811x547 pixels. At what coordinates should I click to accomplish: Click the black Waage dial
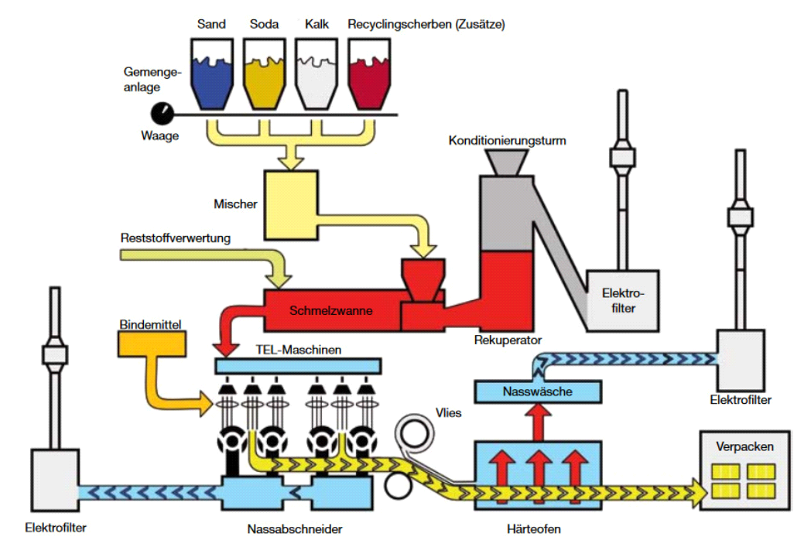point(162,114)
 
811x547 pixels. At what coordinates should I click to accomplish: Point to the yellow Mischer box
point(291,205)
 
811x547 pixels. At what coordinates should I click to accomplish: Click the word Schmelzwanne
point(330,310)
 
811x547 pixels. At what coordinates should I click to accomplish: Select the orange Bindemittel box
point(152,344)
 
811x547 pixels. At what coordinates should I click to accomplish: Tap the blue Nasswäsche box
point(538,392)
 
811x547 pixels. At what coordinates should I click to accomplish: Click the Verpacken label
point(744,446)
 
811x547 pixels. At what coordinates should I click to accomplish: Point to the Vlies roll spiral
point(414,433)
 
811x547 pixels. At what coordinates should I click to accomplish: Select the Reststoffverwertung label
point(176,238)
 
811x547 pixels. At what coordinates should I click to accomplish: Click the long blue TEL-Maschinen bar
point(298,366)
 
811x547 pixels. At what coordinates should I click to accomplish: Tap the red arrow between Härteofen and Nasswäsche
point(538,422)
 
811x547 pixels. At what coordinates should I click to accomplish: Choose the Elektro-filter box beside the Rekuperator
point(623,300)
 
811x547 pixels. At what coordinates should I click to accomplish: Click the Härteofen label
point(534,529)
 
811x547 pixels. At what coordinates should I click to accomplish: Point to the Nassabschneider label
point(295,529)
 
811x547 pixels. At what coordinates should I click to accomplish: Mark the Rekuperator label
point(508,340)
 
